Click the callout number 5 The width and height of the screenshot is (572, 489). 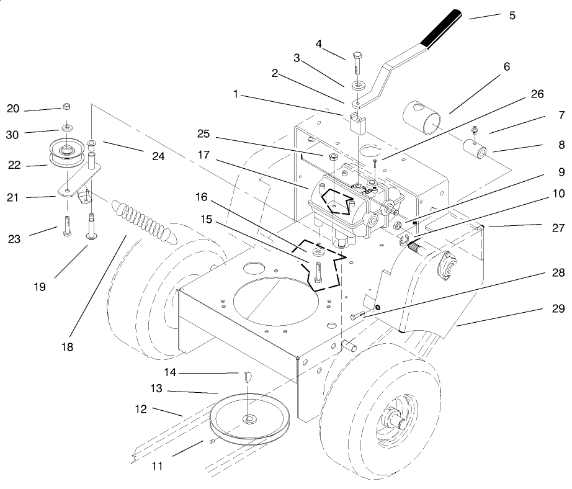pos(512,16)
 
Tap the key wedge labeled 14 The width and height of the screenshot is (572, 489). pos(246,377)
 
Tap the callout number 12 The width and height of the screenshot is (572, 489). pos(141,410)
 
